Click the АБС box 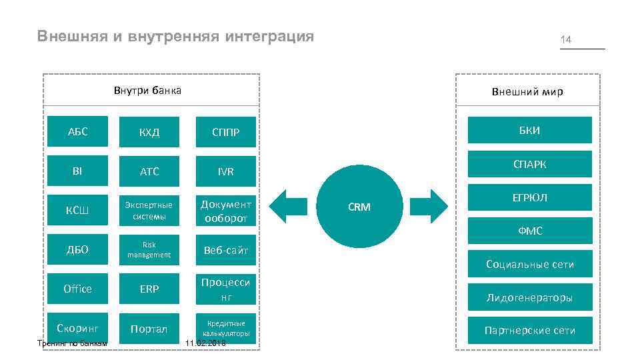point(78,131)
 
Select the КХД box point(149,132)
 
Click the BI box point(78,171)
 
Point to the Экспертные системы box point(149,211)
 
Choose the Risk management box point(149,250)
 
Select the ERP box point(149,289)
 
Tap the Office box point(78,289)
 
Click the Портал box point(149,329)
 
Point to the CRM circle point(359,207)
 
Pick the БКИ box point(529,130)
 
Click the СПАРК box point(529,164)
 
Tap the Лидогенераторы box point(529,297)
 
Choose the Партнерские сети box point(529,330)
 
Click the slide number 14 point(566,40)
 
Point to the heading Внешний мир point(527,91)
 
